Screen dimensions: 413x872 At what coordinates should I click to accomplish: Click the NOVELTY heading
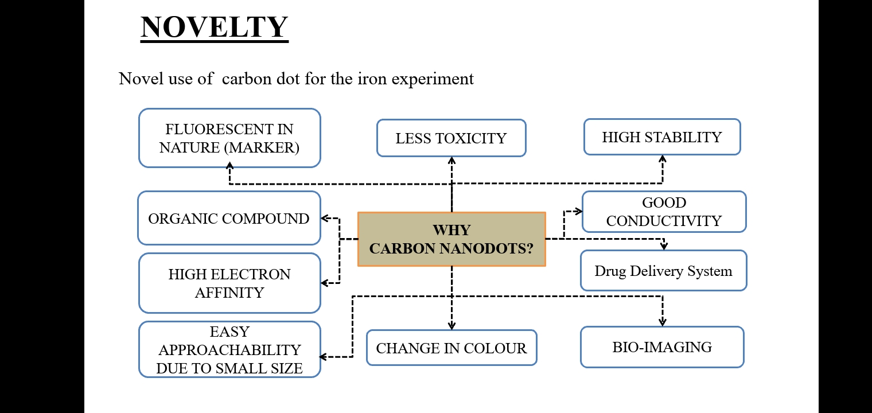(x=214, y=27)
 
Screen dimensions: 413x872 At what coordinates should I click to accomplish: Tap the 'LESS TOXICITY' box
(x=451, y=138)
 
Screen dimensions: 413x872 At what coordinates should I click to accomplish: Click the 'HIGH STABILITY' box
(x=661, y=137)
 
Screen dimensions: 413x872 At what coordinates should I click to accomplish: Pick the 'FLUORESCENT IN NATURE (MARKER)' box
(x=229, y=138)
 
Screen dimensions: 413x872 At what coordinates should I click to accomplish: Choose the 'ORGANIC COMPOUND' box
(x=228, y=219)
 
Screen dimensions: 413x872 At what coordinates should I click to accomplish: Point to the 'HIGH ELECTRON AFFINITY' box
(x=229, y=283)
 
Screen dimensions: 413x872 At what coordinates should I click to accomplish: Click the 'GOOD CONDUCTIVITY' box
(x=664, y=212)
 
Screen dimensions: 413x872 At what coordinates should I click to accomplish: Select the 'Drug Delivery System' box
(x=663, y=271)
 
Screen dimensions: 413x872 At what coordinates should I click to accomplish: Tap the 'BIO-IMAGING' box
(x=662, y=347)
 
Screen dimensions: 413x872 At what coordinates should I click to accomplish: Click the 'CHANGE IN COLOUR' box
(x=451, y=348)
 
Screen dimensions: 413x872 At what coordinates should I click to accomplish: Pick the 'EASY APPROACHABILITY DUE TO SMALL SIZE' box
(x=229, y=349)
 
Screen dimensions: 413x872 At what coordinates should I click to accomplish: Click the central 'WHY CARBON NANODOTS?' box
(x=451, y=239)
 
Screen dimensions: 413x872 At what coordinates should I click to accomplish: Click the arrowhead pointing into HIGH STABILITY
(x=663, y=158)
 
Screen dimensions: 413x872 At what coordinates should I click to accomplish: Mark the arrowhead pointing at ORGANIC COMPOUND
(x=324, y=219)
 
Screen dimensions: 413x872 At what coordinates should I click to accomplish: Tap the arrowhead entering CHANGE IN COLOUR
(x=451, y=326)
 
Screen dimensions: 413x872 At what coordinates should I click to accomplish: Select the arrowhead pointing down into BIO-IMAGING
(x=663, y=323)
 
